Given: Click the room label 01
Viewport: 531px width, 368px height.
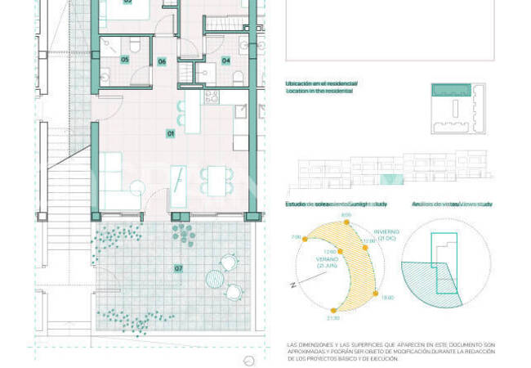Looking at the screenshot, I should [171, 132].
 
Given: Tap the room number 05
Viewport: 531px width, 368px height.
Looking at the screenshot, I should [125, 60].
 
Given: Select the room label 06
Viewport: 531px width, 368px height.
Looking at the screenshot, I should [162, 61].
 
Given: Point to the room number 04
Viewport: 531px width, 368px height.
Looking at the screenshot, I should [225, 60].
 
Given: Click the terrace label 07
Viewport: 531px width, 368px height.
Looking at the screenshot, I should [178, 268].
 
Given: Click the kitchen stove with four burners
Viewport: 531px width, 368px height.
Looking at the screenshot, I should [211, 96].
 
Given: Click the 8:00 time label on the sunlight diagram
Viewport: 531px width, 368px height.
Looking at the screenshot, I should [346, 215].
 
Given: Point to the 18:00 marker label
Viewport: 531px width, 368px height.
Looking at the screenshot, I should [387, 298].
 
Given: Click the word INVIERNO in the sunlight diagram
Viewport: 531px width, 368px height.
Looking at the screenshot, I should [387, 233].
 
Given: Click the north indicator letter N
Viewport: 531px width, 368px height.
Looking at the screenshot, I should [291, 285].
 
